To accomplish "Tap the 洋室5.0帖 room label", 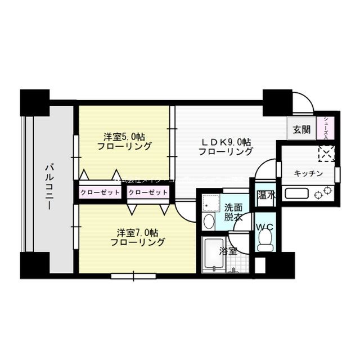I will [x=124, y=141].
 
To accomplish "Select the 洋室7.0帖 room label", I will [x=138, y=237].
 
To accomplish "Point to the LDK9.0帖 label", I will [x=227, y=146].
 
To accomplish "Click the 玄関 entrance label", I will [x=301, y=129].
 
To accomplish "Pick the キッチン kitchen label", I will [x=308, y=173].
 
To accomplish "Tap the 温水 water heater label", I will [x=265, y=196].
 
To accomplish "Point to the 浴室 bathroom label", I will [x=228, y=252].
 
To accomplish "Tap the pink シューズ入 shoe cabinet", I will [x=327, y=128].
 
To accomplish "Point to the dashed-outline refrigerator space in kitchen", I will [x=326, y=154].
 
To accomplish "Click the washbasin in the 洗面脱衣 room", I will [x=208, y=220].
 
